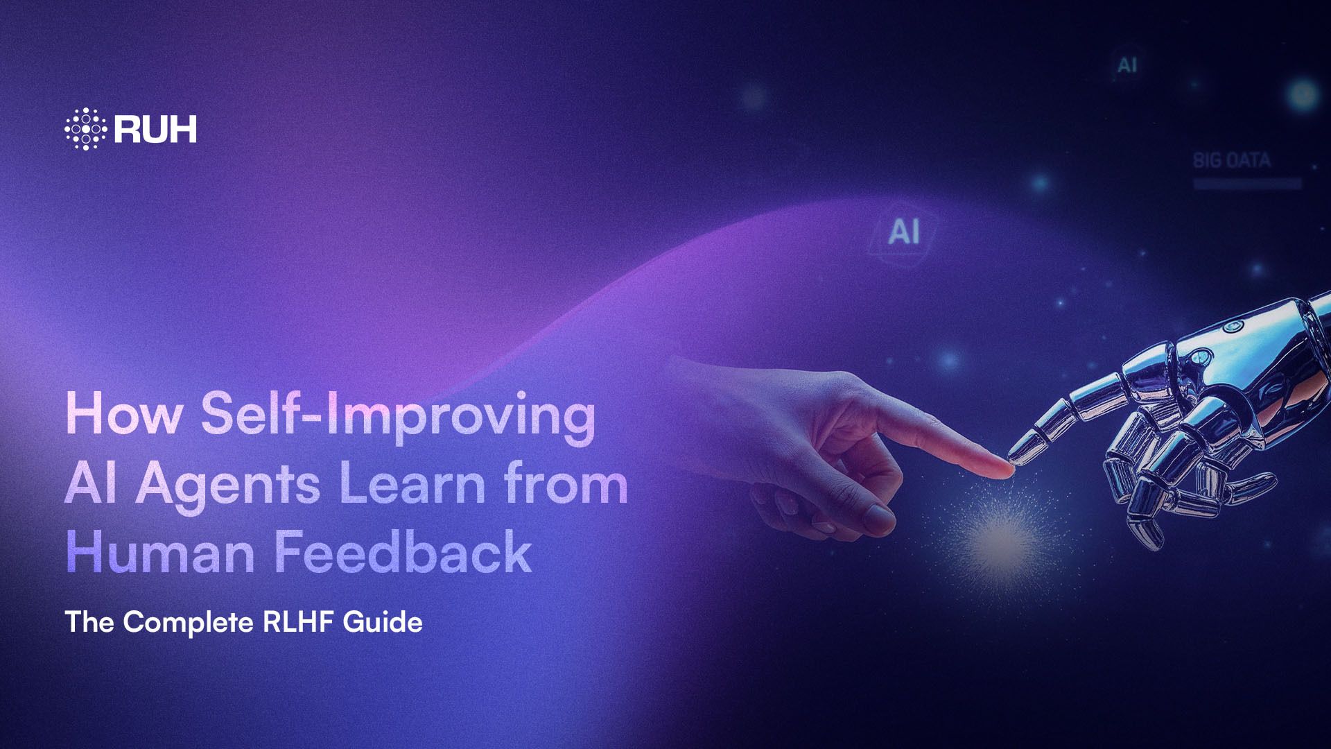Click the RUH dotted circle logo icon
(85, 129)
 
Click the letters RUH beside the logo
(155, 130)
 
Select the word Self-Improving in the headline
(398, 415)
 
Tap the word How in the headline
(123, 414)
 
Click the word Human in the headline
(160, 553)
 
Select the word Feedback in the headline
(403, 552)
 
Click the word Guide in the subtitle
(383, 621)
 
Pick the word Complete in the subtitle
(188, 622)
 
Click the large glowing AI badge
(904, 232)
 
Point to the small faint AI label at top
(1127, 66)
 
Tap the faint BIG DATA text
(1231, 161)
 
